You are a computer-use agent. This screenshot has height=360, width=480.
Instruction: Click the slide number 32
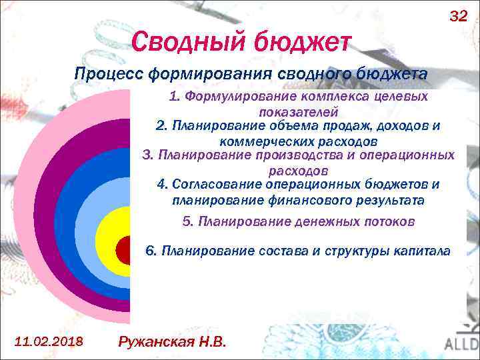click(x=459, y=16)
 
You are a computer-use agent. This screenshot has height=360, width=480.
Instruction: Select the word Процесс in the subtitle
click(x=103, y=74)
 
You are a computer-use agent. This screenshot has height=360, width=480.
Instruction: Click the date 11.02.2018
click(x=49, y=341)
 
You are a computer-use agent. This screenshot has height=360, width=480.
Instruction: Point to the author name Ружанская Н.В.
click(x=172, y=342)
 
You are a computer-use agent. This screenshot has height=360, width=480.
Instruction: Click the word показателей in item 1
click(x=299, y=112)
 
